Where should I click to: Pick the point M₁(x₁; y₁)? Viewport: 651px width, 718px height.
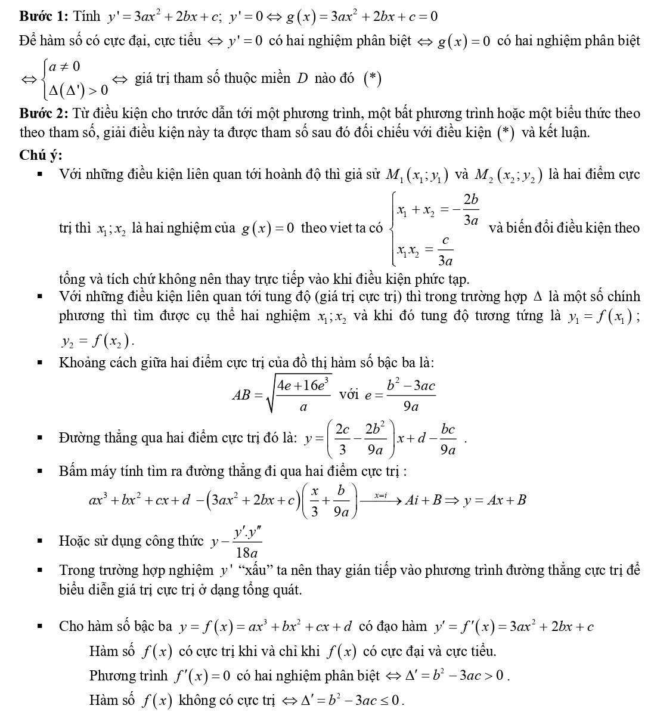click(418, 175)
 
